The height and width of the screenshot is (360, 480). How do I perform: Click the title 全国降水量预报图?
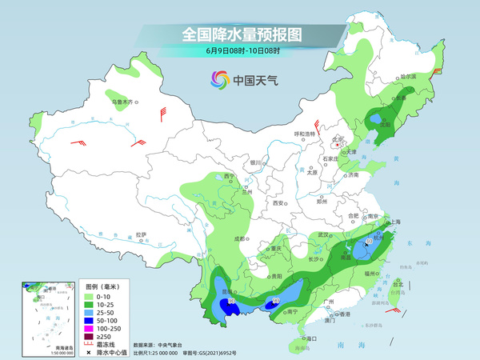point(239,34)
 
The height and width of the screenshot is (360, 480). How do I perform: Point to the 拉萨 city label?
point(141,234)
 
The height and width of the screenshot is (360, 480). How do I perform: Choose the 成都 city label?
point(239,238)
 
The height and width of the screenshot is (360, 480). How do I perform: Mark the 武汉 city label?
point(323,234)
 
